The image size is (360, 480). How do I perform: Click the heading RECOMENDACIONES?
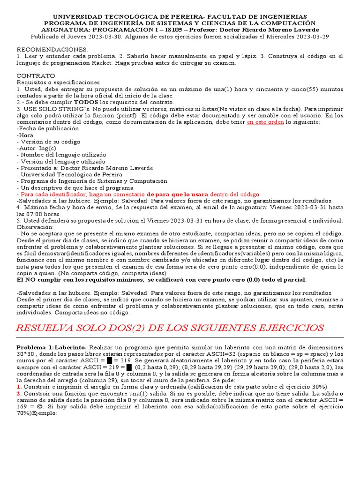click(x=45, y=49)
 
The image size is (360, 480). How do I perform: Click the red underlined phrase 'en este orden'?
click(x=265, y=122)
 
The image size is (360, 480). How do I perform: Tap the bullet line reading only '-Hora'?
click(x=24, y=135)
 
